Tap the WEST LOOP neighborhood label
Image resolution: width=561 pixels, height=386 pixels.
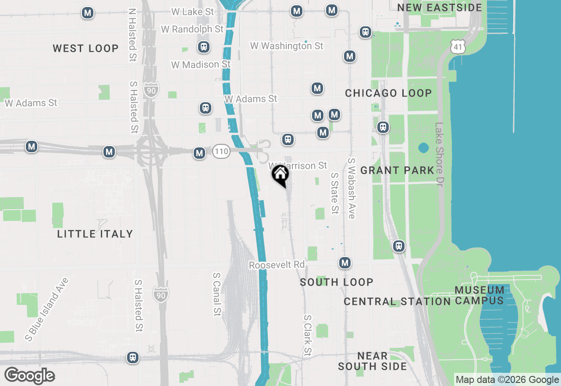pos(85,48)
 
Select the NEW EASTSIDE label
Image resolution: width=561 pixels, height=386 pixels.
pos(439,7)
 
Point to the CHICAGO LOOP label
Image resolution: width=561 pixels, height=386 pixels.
pos(388,93)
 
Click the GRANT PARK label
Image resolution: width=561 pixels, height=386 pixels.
pos(397,170)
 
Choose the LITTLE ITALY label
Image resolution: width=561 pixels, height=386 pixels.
pos(95,234)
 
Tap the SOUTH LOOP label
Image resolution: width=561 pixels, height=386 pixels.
pos(337,282)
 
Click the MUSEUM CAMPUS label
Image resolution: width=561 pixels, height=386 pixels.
pos(479,295)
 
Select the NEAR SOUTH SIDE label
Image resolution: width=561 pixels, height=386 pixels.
pos(372,361)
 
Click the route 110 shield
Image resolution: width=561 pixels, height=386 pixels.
pos(221,152)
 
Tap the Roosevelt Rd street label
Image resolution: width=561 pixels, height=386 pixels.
pos(277,265)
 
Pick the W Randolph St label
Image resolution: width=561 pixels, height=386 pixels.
pos(192,29)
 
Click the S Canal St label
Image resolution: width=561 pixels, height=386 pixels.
pos(217,294)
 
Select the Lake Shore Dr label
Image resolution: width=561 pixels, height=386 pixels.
pos(440,154)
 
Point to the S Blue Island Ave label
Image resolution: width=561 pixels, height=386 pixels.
pos(47,309)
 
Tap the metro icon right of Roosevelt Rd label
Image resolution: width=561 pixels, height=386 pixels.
pos(345,263)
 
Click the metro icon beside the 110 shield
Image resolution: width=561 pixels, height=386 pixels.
pos(199,153)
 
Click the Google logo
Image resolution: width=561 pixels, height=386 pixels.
pos(30,375)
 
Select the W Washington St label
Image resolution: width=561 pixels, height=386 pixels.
pos(287,46)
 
